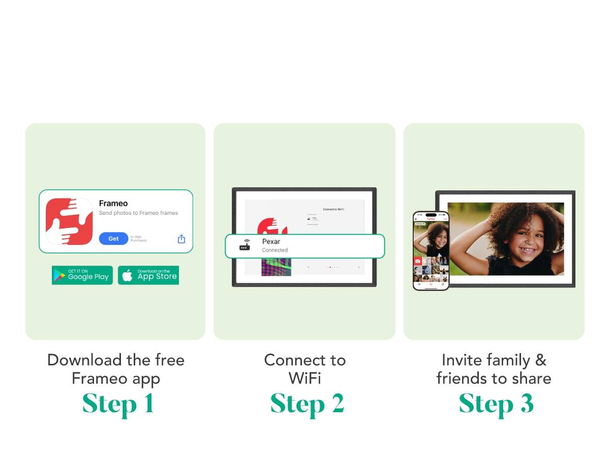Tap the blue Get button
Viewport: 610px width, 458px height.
point(113,239)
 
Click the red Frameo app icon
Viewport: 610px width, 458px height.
point(69,221)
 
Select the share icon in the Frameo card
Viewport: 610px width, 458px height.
point(181,239)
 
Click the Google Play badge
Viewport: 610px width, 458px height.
point(82,275)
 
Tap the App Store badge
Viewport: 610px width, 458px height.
point(148,275)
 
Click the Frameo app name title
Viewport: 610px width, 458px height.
point(113,204)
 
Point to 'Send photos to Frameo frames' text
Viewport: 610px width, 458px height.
point(138,213)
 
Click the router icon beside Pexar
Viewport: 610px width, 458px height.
point(245,246)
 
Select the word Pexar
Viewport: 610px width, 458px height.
point(271,242)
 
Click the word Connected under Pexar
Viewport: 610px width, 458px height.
point(274,250)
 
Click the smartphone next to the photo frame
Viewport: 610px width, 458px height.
point(431,250)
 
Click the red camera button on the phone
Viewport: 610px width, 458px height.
point(418,261)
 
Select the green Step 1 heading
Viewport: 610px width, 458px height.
point(118,405)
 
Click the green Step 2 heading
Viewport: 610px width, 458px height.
point(307,405)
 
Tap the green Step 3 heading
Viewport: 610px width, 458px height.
point(496,405)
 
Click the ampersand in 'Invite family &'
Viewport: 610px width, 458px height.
point(540,360)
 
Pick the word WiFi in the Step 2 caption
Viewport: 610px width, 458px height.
point(305,379)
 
